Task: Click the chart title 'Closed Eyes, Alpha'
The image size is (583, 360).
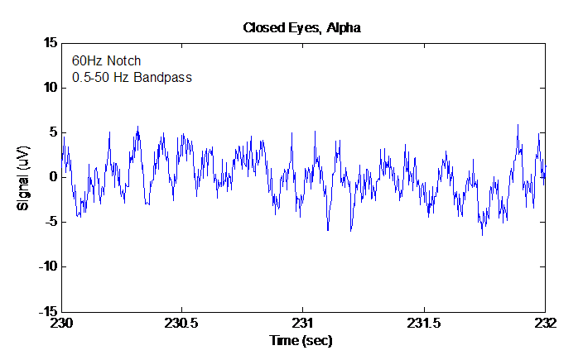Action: coord(301,28)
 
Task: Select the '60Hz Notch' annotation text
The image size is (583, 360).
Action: coord(106,60)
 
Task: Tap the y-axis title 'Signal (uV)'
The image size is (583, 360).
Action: coord(24,177)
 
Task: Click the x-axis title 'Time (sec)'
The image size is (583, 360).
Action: coord(303,340)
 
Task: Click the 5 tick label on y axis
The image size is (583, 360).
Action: coord(51,132)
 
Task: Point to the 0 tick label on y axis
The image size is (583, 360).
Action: coord(51,177)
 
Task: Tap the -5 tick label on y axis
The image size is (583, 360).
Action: coord(49,222)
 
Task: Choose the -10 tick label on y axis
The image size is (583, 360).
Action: coord(46,266)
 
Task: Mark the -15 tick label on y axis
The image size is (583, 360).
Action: coord(46,312)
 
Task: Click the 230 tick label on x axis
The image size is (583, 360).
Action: coord(62,324)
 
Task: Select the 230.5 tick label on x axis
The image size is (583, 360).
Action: coord(182,324)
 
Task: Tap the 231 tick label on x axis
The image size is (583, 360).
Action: coord(303,324)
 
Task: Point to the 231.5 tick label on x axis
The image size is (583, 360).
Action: coord(424,324)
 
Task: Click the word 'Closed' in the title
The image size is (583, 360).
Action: coord(262,28)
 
